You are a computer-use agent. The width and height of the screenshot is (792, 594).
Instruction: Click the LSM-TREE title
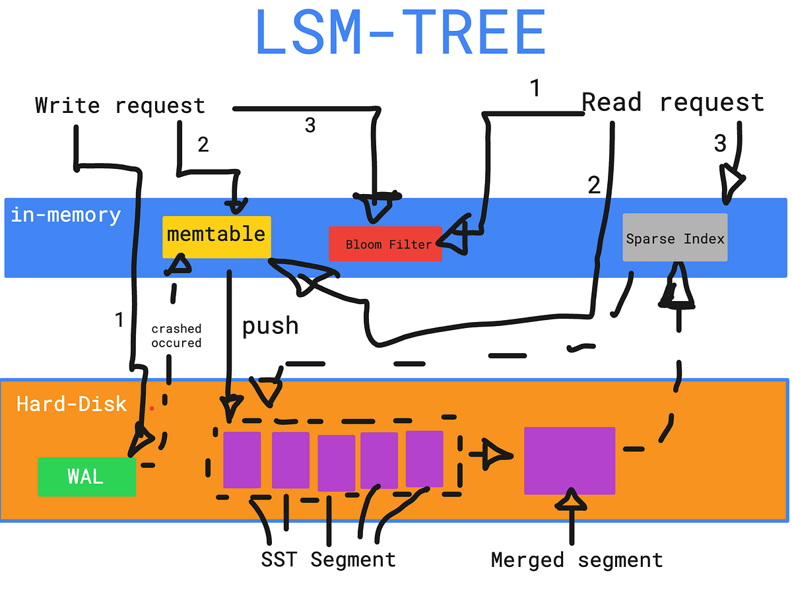point(400,33)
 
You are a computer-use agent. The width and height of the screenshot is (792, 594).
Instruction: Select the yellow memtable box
point(216,236)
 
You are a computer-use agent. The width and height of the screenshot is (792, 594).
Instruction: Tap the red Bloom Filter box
point(385,244)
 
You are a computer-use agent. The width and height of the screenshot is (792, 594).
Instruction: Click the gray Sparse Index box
point(675,238)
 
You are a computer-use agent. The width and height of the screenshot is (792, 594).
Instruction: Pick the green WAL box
point(86,477)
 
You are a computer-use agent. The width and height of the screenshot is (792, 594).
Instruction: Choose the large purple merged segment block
point(570,460)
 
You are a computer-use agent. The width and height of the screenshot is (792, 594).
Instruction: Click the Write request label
point(120,106)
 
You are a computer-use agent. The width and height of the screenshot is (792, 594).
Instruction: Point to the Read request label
point(673,103)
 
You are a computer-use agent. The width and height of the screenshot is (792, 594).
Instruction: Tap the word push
point(270,326)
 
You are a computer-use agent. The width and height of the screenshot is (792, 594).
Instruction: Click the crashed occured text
point(176,336)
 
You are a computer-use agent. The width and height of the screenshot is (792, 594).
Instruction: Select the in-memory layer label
point(66,215)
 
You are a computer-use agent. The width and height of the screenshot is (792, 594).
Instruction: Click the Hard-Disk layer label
point(71,404)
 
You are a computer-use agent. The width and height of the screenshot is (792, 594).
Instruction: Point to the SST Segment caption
point(328,560)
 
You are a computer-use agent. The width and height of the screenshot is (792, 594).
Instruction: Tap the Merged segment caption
point(577,560)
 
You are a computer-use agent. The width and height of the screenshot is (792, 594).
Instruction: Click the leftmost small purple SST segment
point(242,459)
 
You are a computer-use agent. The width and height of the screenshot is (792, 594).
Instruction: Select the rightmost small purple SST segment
point(424,459)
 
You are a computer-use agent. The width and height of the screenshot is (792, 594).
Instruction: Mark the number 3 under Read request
point(720,143)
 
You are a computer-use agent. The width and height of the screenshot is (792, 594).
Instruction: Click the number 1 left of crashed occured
point(119,321)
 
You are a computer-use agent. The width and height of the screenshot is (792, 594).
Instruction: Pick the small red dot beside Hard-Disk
point(152,409)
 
